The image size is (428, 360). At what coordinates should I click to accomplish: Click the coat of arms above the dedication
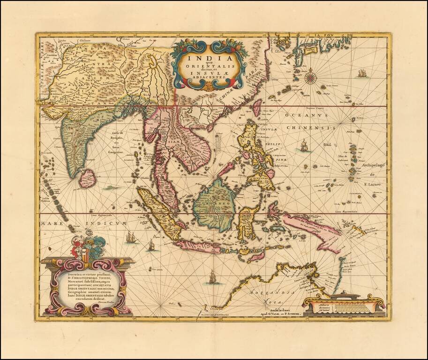pos(87,248)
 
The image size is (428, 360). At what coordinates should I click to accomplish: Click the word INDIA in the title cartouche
pos(207,58)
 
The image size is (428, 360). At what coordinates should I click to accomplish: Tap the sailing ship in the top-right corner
pos(362,73)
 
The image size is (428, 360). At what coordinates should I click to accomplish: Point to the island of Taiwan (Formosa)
pos(257,107)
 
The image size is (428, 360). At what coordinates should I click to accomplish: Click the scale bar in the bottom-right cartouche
pos(343,307)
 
